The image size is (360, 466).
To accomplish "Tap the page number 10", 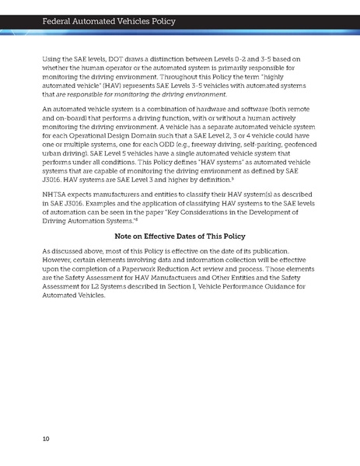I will [46, 439].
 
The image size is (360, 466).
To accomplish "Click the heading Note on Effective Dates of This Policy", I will [180, 237].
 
